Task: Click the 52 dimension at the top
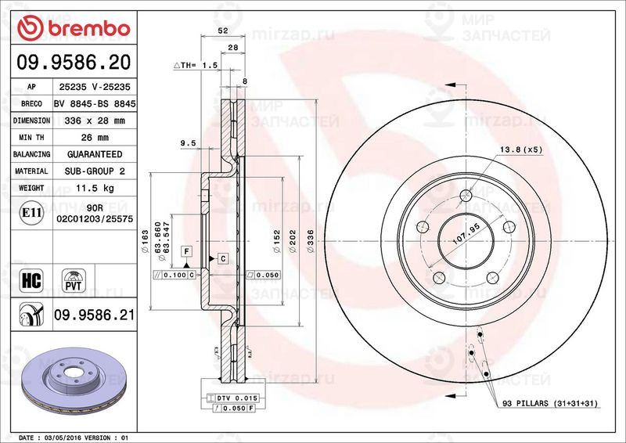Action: point(222,32)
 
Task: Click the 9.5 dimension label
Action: point(187,143)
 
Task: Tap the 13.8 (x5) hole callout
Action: point(521,149)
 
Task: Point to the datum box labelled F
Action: point(186,250)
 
